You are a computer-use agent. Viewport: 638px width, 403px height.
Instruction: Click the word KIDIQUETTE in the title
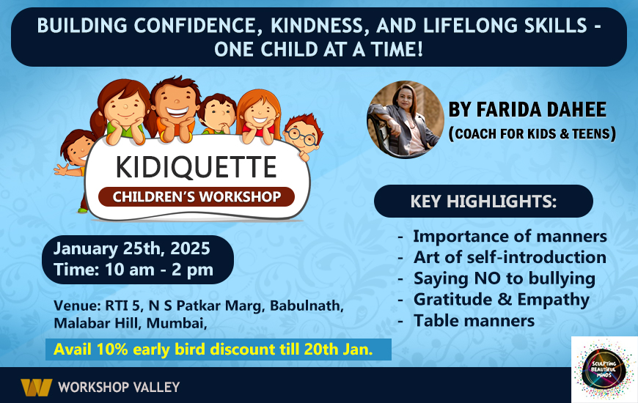(x=196, y=167)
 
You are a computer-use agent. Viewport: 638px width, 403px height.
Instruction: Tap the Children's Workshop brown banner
(x=196, y=196)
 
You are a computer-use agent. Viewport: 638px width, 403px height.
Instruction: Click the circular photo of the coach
(x=406, y=119)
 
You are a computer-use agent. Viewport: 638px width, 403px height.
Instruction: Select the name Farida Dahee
(x=527, y=111)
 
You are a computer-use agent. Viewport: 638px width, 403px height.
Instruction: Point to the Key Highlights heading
(x=483, y=202)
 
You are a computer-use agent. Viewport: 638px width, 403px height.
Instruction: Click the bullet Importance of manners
(x=510, y=237)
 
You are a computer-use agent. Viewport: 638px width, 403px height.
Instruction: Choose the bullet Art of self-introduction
(x=510, y=258)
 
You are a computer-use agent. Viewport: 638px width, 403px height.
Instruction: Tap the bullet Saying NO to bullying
(x=504, y=278)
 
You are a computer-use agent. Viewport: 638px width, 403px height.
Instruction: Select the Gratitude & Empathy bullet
(x=501, y=300)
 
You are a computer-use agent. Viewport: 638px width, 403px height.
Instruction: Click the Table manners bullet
(x=474, y=320)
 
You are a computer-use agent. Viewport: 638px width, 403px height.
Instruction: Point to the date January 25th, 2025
(x=132, y=247)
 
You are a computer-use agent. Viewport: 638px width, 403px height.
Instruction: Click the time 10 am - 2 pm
(x=133, y=269)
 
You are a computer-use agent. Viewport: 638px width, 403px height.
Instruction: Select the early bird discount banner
(x=218, y=350)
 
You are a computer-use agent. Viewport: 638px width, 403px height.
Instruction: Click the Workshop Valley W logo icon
(x=35, y=386)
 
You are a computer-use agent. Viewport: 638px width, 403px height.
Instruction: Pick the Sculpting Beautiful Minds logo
(x=604, y=369)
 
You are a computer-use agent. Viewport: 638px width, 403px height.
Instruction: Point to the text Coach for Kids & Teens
(x=532, y=134)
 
